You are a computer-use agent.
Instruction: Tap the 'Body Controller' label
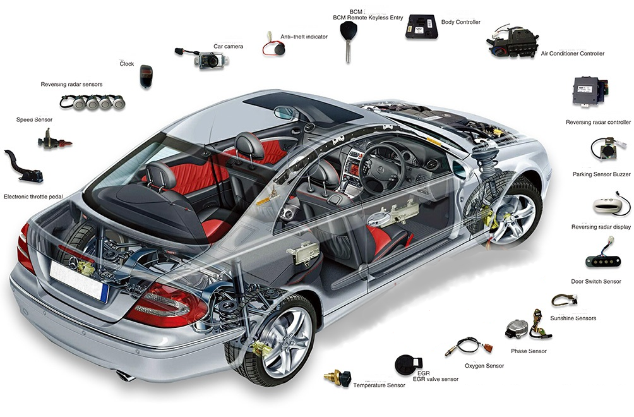click(x=460, y=22)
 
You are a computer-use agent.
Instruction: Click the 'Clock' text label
click(x=126, y=64)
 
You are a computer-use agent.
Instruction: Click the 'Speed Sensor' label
click(x=34, y=119)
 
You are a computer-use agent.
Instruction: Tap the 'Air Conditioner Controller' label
click(x=573, y=54)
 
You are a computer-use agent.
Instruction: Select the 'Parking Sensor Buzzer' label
click(x=602, y=174)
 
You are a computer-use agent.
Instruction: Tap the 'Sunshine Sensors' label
click(x=573, y=318)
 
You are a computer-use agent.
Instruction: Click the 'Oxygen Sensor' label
click(x=484, y=366)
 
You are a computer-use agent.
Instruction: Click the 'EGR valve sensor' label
click(x=436, y=379)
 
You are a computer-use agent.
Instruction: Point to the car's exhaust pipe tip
click(x=125, y=376)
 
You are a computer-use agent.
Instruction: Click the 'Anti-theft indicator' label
click(x=304, y=37)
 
